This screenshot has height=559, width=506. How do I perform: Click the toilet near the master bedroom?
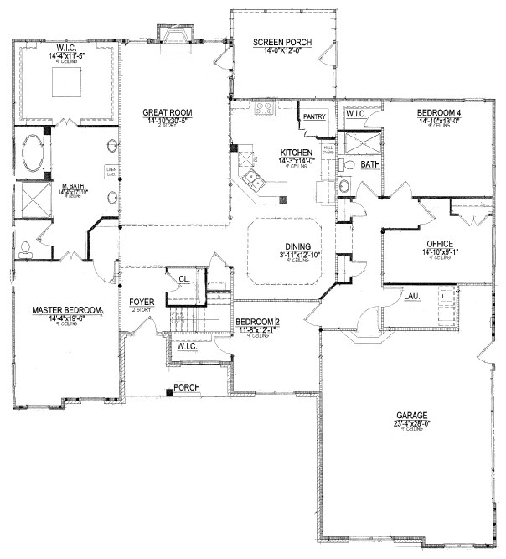pos(25,247)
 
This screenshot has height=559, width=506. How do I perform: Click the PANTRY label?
pos(314,116)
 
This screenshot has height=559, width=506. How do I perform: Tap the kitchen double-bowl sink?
pos(254,180)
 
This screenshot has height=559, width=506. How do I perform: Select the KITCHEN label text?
pos(296,153)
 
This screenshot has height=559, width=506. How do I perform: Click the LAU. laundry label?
pos(411,296)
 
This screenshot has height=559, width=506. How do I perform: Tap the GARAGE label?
pos(413,416)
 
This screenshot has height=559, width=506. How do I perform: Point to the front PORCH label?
pos(185,388)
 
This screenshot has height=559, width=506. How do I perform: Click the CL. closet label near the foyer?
pos(183,280)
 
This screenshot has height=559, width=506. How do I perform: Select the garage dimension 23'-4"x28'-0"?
pos(413,425)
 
